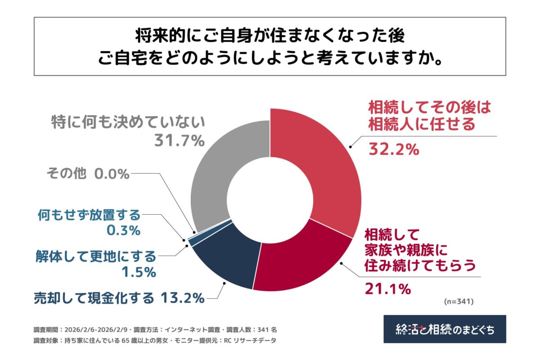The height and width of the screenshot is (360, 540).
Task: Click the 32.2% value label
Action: (394, 148)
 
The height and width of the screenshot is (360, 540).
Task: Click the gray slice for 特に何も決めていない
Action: (216, 171)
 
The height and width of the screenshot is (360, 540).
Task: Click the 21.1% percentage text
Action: (387, 288)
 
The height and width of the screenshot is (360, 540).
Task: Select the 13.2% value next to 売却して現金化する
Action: (183, 297)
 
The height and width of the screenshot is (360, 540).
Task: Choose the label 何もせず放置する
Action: (88, 215)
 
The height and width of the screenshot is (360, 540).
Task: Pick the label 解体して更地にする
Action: (95, 256)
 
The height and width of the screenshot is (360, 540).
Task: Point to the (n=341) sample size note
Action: (459, 301)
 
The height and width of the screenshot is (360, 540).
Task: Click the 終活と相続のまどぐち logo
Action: (445, 329)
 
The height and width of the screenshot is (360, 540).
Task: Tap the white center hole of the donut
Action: (270, 198)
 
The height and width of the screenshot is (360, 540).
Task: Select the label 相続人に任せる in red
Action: (421, 124)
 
